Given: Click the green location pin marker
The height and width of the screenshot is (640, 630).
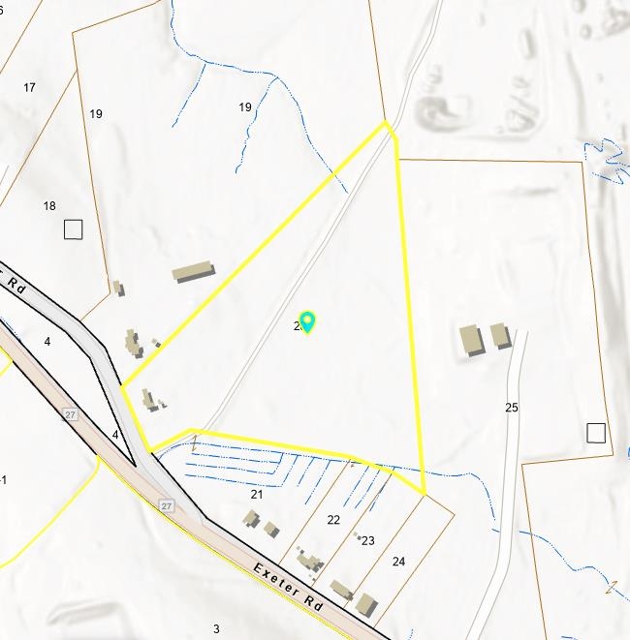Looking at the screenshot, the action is click(307, 321).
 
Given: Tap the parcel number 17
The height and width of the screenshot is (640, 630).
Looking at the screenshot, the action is click(29, 87).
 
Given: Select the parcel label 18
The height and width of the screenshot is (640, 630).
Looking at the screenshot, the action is click(49, 206).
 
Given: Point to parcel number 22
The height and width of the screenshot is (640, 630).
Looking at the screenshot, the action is click(333, 520).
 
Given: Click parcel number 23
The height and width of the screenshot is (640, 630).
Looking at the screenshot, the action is click(368, 541).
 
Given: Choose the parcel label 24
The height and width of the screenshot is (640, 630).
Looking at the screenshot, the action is click(399, 562).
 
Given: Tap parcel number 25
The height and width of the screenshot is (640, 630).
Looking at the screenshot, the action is click(512, 408).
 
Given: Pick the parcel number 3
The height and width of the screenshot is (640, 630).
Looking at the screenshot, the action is click(216, 629).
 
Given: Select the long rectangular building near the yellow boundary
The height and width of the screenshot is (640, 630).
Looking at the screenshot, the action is click(194, 271).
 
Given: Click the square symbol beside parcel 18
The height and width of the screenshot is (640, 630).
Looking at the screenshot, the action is click(73, 229).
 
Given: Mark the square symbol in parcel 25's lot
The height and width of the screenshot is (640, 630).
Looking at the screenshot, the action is click(595, 433).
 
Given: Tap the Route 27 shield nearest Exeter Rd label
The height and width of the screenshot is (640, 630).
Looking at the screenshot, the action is click(166, 505).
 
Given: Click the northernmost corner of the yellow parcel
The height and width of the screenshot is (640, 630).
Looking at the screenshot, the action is click(386, 122).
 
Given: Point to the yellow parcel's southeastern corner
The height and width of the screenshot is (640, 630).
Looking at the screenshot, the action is click(425, 494).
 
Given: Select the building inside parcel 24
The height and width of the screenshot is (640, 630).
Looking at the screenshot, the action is click(365, 604).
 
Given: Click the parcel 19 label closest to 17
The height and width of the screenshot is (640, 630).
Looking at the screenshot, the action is click(96, 114).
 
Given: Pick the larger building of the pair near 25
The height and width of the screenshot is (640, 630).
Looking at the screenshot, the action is click(471, 340).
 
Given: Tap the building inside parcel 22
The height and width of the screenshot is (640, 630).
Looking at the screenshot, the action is click(309, 560).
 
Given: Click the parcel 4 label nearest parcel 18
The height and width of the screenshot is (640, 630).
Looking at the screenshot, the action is click(47, 342).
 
